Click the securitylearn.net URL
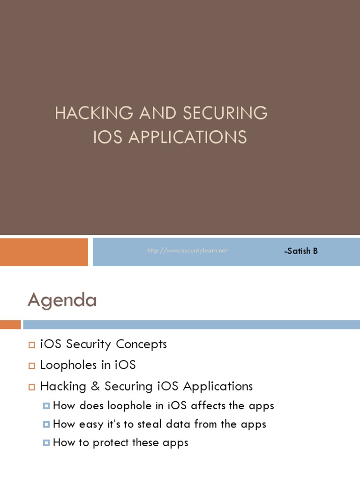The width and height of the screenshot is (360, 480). [187, 251]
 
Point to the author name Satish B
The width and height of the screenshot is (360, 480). [301, 251]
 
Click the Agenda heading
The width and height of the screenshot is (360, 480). [62, 300]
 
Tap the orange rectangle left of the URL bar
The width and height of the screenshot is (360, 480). [44, 252]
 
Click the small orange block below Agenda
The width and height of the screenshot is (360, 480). [10, 324]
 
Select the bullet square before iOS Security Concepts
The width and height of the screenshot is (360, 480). [32, 345]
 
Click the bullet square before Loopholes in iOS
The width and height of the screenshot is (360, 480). [32, 366]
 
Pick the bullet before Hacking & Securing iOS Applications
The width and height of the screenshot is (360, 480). [32, 387]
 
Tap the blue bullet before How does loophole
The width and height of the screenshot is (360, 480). [46, 406]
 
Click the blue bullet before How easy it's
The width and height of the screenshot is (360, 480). [46, 425]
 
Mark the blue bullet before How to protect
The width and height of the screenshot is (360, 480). [46, 443]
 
